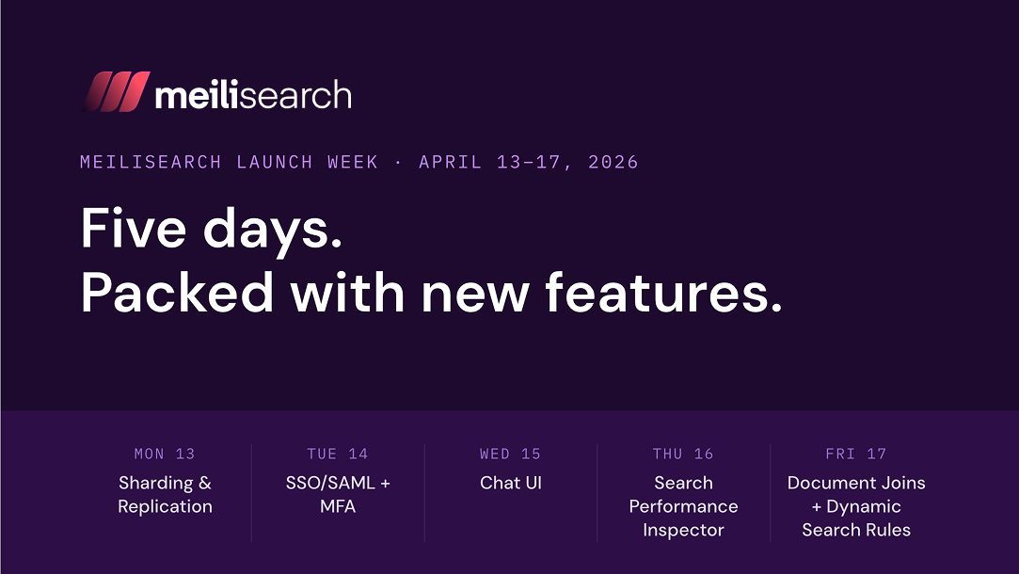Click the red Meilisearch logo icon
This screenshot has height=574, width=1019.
coord(116,92)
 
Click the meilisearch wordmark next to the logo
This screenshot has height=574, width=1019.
coord(253,94)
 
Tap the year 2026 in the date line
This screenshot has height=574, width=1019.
coord(613,162)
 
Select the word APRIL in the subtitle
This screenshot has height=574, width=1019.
coord(450,162)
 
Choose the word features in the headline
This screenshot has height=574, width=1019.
coord(663,294)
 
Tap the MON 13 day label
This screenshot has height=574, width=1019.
coord(165,454)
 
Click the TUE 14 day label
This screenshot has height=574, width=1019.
coord(338,454)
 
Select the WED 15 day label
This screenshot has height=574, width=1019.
coord(510,454)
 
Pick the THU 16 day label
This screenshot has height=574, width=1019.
coord(683,454)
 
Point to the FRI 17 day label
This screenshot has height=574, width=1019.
coord(856,454)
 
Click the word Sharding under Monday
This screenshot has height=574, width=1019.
coord(155,484)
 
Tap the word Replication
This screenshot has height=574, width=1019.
coord(165,507)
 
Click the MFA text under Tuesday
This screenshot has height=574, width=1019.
coord(338,507)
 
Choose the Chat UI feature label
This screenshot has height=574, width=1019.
coord(510,484)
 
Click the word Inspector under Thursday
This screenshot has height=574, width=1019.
coord(683,531)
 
